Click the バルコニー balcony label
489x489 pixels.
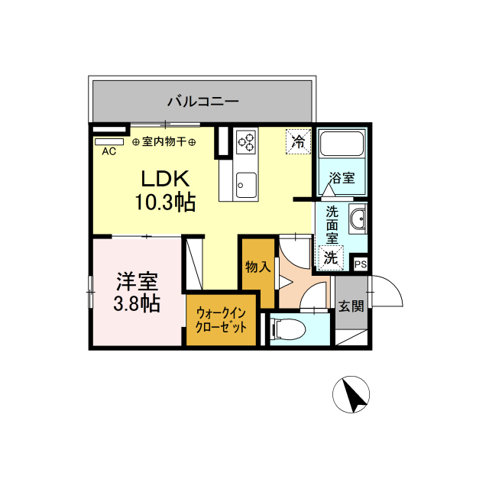coord(203,102)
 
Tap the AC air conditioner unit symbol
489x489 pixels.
coord(109,142)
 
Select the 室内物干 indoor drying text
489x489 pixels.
coord(164,142)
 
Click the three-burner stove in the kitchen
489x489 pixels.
coord(246,142)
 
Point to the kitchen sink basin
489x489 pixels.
coord(246,185)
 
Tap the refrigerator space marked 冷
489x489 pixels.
coord(299,142)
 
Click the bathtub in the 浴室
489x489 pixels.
coord(342,144)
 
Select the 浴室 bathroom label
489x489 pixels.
coord(342,178)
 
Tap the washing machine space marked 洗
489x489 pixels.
coord(331,257)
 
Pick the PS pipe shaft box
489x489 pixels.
coord(361,264)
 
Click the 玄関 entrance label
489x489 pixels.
coord(351,306)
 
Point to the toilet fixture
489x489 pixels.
coord(287,329)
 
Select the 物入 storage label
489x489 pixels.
coord(258,267)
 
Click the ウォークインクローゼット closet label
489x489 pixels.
coord(221,320)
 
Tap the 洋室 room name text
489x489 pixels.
coord(138,282)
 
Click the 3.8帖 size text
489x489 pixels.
coord(137,303)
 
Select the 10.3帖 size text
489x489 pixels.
coord(165,202)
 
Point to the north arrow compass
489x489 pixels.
coord(351,394)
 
